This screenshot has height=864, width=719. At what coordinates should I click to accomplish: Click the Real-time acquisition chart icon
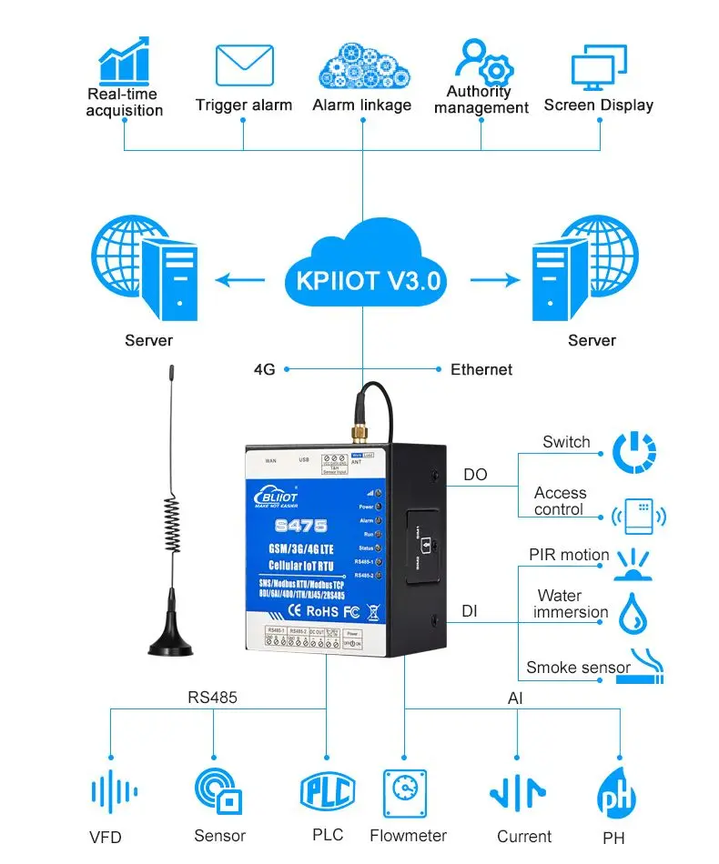[x=124, y=60]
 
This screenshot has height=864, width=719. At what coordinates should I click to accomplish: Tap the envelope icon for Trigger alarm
[x=244, y=65]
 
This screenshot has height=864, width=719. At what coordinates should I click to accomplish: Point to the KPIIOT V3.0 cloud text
[x=368, y=279]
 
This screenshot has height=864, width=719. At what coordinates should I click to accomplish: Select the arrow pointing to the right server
[x=491, y=280]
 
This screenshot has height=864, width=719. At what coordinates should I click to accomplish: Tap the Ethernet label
[x=481, y=369]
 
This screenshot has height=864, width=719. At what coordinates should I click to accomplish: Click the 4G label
[x=264, y=369]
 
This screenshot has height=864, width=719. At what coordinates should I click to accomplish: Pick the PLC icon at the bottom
[x=327, y=790]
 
